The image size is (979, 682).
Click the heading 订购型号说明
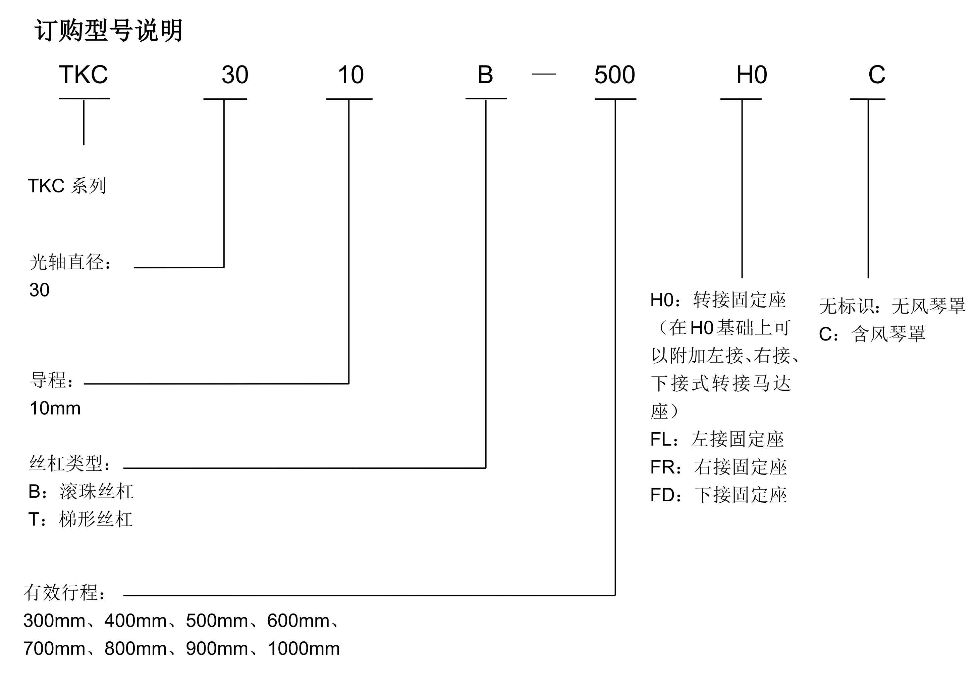(x=108, y=31)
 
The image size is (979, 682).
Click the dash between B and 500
(x=544, y=74)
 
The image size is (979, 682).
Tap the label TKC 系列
(x=67, y=186)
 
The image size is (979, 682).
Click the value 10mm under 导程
(x=55, y=408)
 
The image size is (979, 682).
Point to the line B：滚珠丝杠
(x=81, y=492)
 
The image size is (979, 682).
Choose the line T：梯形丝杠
(x=80, y=519)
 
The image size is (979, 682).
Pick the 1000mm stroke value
(x=304, y=649)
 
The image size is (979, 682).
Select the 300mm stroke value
(x=54, y=621)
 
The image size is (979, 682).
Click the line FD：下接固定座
(x=718, y=495)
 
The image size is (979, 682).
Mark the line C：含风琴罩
(x=872, y=334)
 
